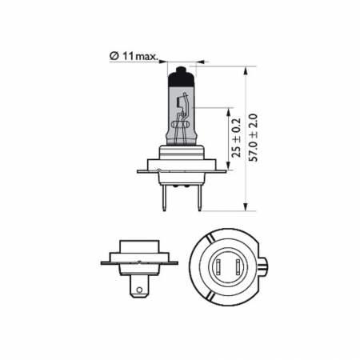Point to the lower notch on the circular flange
(210, 296)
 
